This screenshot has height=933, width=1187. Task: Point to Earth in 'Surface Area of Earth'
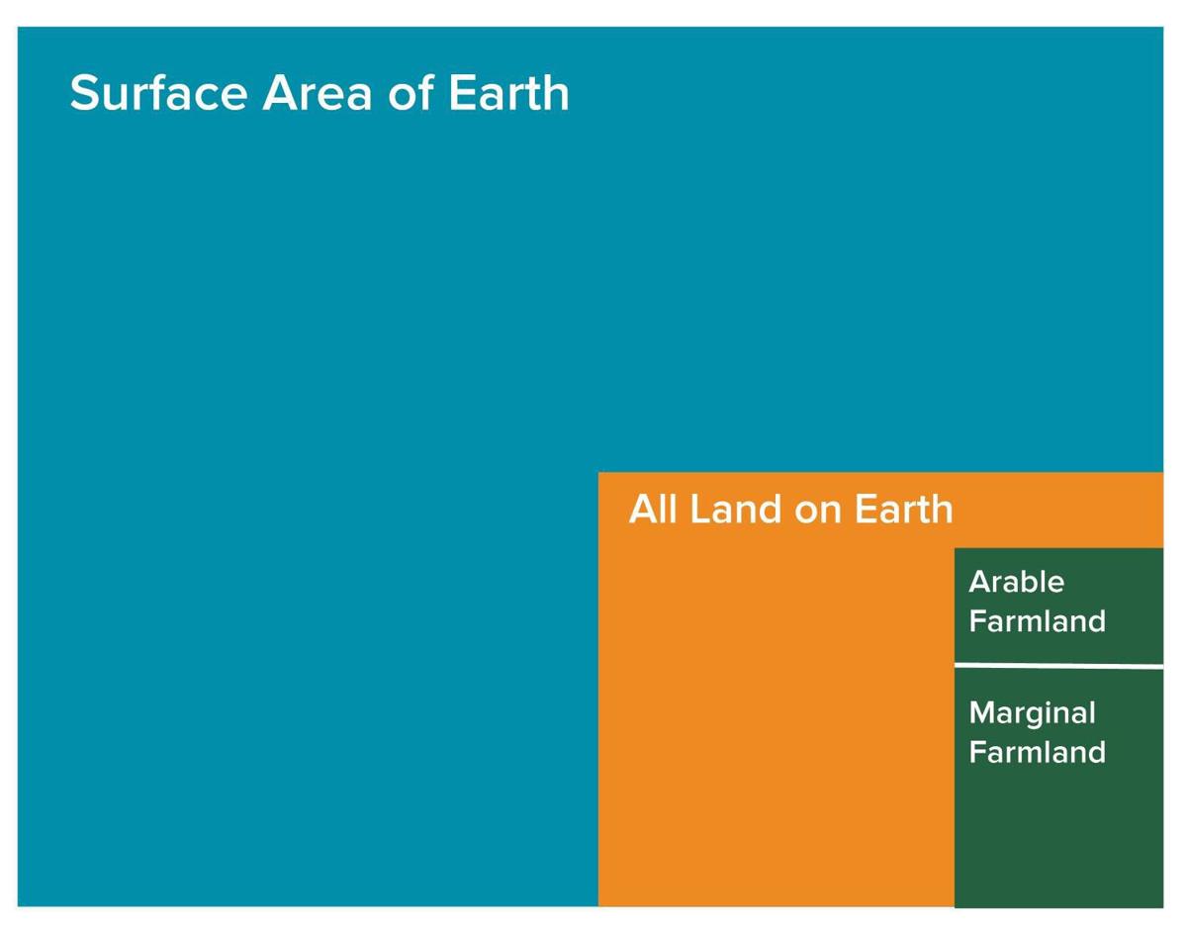(508, 93)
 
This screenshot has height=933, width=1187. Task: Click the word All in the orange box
(653, 510)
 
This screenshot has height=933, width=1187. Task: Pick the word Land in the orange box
(732, 510)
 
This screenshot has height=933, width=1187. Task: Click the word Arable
(1016, 582)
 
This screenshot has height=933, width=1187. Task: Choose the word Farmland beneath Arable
(1037, 621)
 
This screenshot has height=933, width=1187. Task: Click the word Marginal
(1032, 713)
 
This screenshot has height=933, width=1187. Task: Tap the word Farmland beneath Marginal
(1037, 752)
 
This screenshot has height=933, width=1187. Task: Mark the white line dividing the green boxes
(1058, 666)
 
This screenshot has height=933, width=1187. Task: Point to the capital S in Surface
(87, 93)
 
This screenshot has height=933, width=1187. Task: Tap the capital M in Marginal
(981, 713)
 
